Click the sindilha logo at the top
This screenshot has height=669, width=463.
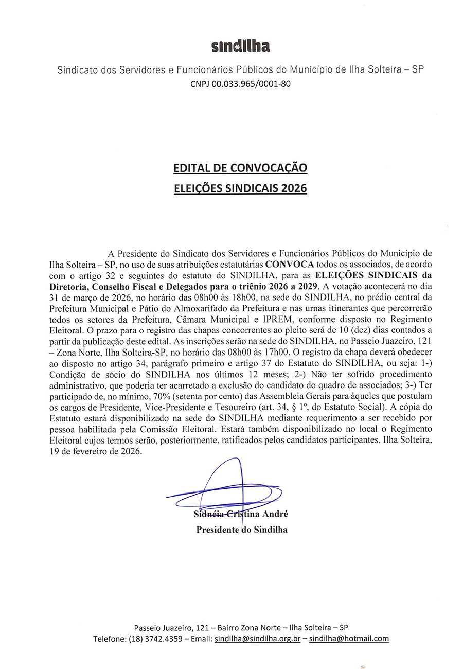point(240,47)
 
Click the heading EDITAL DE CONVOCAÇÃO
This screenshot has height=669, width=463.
point(240,168)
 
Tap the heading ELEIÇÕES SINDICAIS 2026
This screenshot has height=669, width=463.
point(240,189)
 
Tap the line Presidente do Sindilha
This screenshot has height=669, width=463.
point(242,529)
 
